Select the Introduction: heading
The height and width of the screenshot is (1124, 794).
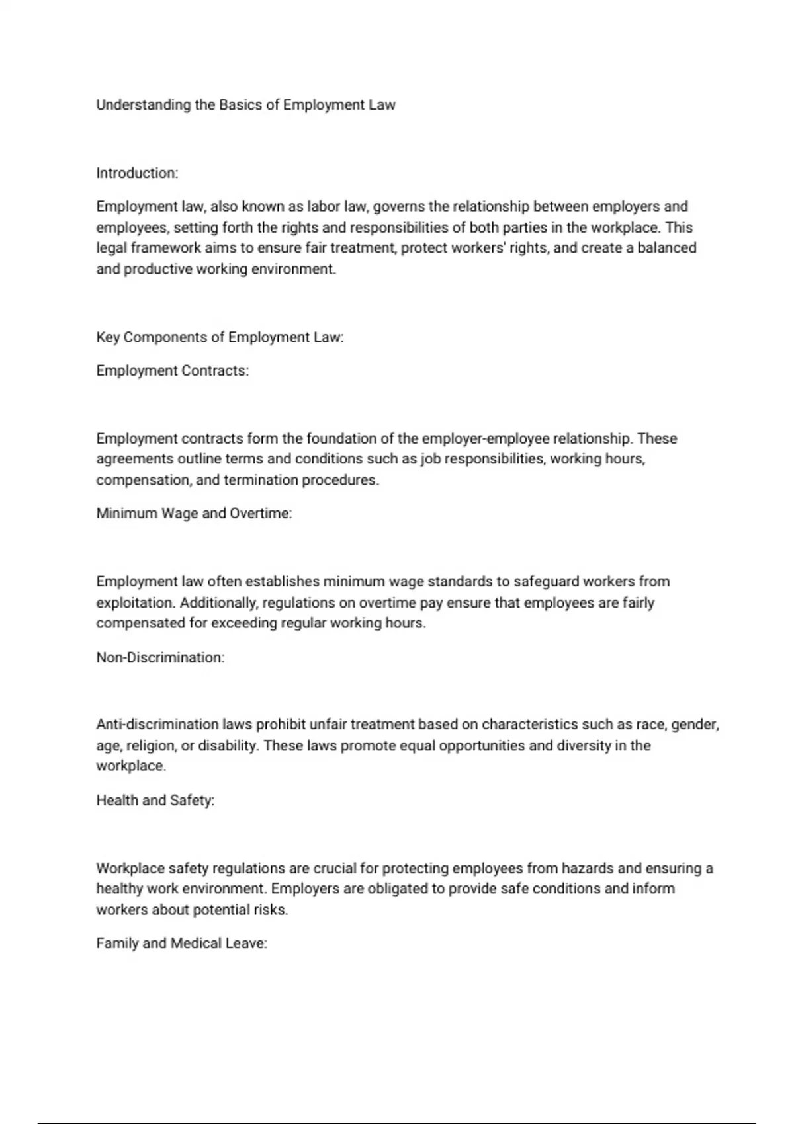tap(137, 173)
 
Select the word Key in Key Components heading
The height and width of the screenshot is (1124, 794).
tap(108, 337)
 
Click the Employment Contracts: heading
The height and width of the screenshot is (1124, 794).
tap(172, 371)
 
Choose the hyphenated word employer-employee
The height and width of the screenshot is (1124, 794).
tap(485, 439)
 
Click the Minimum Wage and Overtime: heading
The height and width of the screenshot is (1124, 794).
tap(194, 514)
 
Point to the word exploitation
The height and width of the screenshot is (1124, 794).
tap(135, 603)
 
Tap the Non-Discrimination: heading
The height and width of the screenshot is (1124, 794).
tap(160, 658)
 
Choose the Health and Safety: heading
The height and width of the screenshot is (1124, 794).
tap(155, 801)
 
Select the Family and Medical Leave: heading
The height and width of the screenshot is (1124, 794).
tap(181, 943)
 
